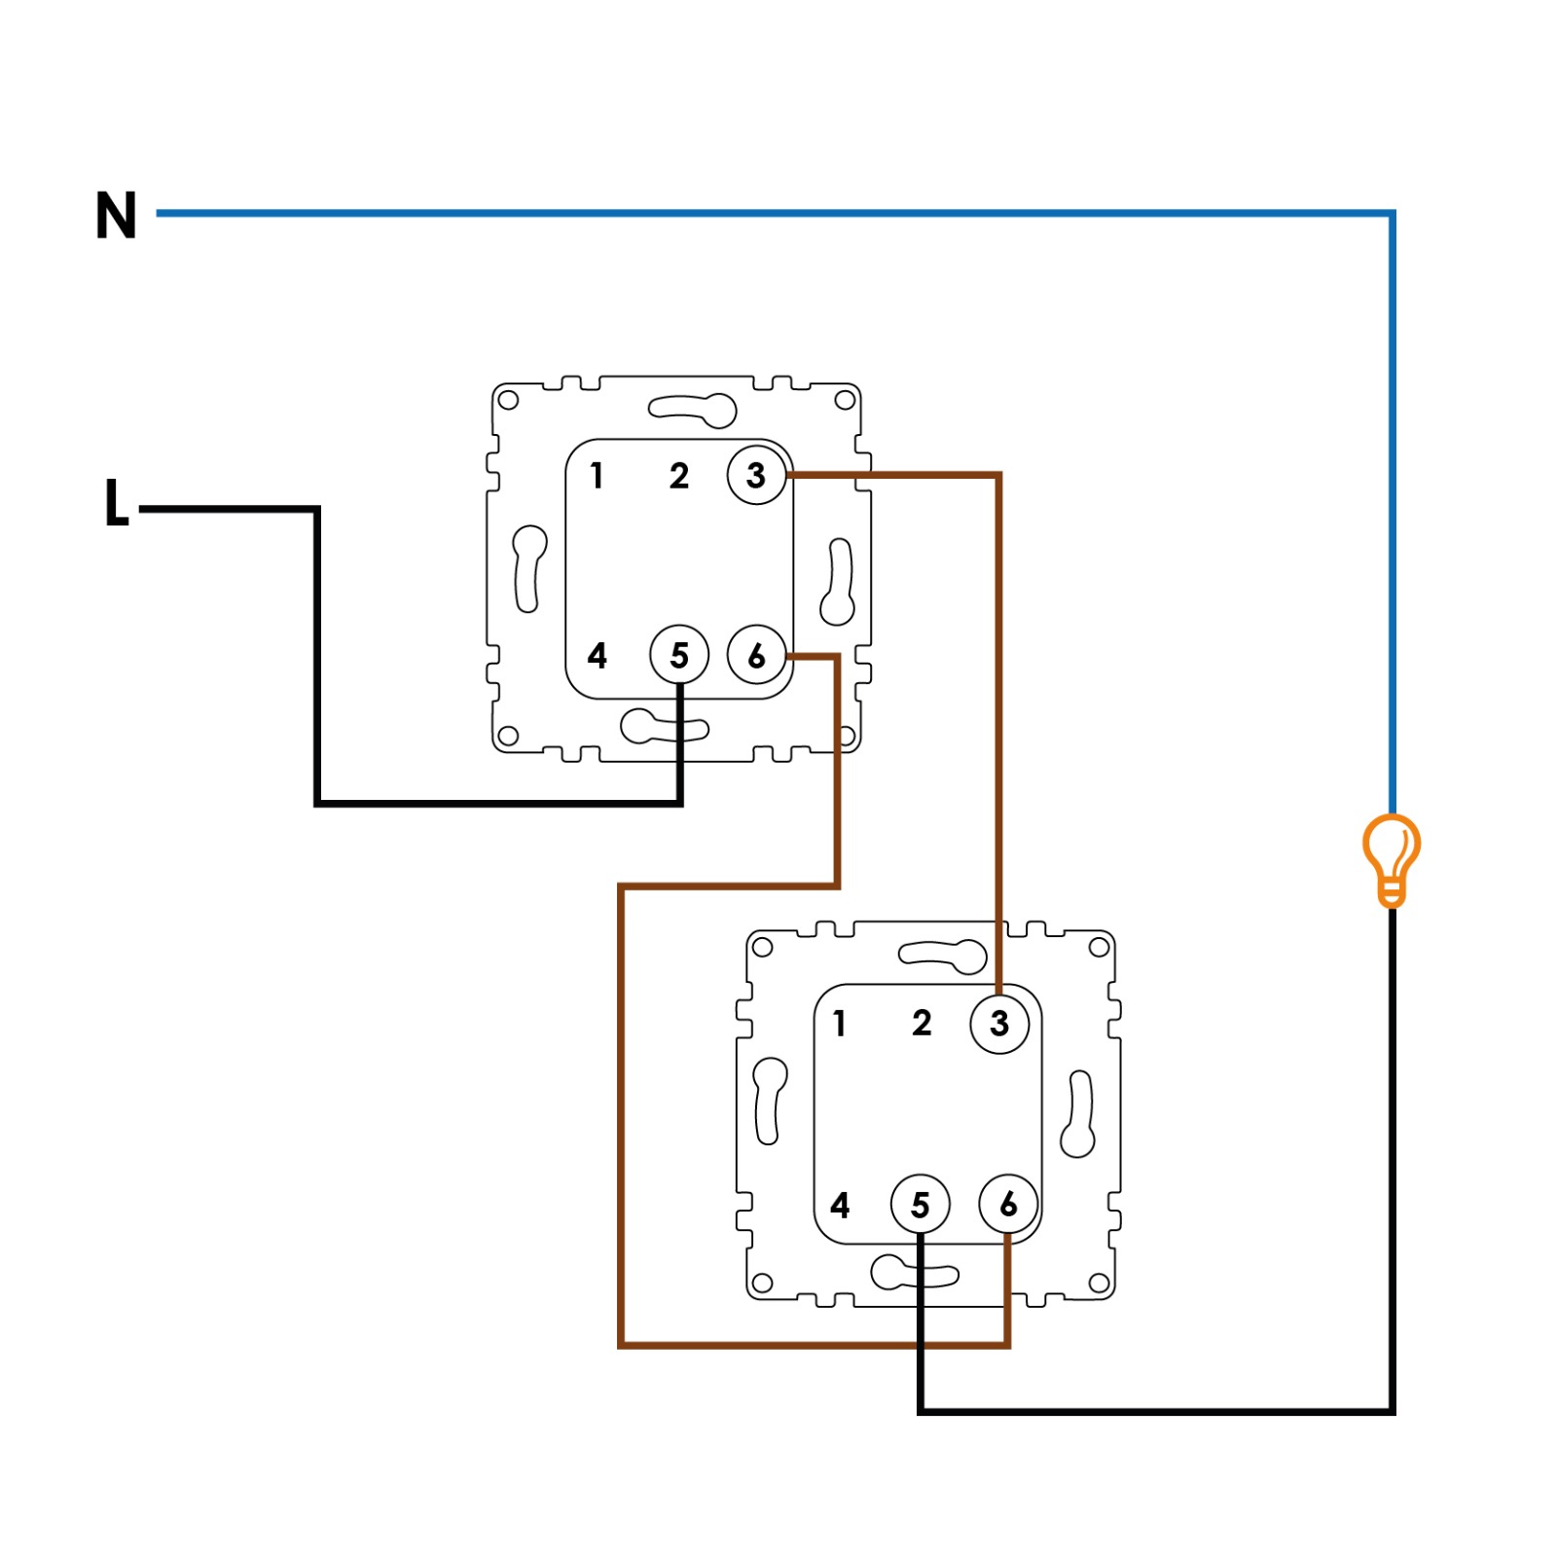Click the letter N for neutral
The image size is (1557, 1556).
116,215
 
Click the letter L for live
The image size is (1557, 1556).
116,503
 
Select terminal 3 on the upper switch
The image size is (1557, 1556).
756,475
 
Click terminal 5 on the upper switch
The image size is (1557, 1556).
679,655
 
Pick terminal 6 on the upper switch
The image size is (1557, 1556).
756,655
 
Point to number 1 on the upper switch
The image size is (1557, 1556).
597,475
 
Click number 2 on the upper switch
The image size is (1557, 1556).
679,475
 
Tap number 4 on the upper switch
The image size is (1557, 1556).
597,655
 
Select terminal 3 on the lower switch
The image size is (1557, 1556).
999,1024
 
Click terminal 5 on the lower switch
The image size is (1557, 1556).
920,1205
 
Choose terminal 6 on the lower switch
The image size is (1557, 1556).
1008,1205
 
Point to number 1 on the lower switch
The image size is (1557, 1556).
840,1024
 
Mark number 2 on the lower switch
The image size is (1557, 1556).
922,1024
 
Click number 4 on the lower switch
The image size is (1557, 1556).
840,1205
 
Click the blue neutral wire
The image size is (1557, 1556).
778,213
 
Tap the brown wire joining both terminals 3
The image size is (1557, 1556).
998,730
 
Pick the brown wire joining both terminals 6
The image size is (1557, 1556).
621,1119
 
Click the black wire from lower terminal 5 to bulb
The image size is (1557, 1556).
1168,1410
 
